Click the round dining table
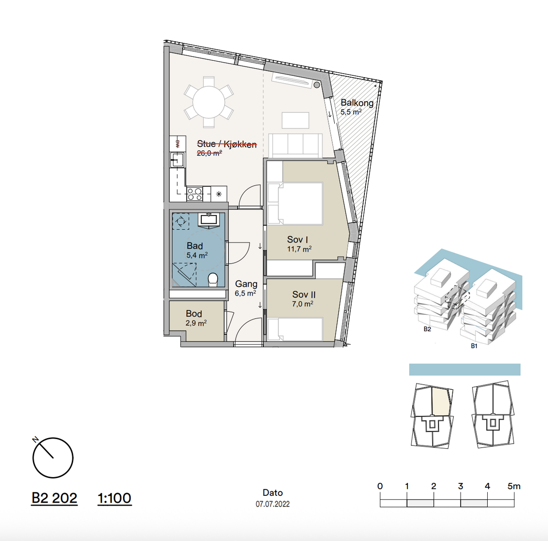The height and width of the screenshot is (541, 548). pyautogui.click(x=209, y=102)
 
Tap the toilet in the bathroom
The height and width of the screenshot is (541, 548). pyautogui.click(x=213, y=280)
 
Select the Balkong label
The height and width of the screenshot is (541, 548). pyautogui.click(x=357, y=103)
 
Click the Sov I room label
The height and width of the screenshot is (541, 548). pyautogui.click(x=297, y=239)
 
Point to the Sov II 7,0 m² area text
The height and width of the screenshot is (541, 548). pyautogui.click(x=303, y=304)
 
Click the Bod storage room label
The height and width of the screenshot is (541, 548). pyautogui.click(x=194, y=313)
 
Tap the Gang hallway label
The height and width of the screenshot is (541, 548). pyautogui.click(x=246, y=284)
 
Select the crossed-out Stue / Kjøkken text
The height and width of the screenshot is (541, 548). pyautogui.click(x=227, y=144)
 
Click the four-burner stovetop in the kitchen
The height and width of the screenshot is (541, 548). pyautogui.click(x=195, y=194)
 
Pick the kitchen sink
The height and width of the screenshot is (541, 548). pyautogui.click(x=177, y=159)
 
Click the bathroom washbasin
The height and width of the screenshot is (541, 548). pyautogui.click(x=209, y=220)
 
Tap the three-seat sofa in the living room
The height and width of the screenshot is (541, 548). pyautogui.click(x=295, y=145)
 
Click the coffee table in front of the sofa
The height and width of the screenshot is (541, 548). pyautogui.click(x=295, y=120)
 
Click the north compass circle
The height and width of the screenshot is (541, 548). pyautogui.click(x=53, y=458)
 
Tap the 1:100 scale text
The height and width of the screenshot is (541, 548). pyautogui.click(x=114, y=498)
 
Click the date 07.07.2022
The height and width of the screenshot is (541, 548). pyautogui.click(x=273, y=504)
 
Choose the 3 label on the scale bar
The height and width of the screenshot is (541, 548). pyautogui.click(x=460, y=486)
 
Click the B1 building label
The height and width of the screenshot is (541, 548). pyautogui.click(x=474, y=346)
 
